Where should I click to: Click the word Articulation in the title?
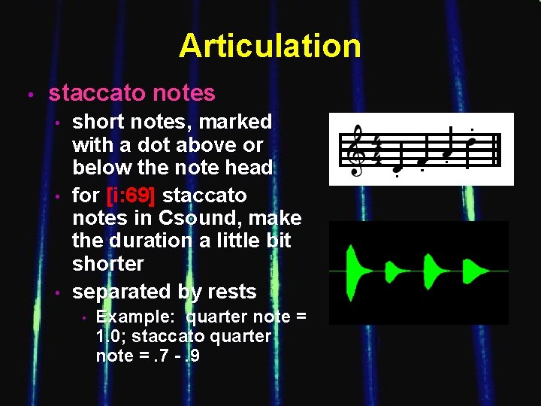(270, 46)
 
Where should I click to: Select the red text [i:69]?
(131, 195)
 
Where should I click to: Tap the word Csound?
(163, 218)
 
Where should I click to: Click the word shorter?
(107, 264)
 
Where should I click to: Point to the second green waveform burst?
(395, 270)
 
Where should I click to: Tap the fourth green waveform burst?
(475, 270)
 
